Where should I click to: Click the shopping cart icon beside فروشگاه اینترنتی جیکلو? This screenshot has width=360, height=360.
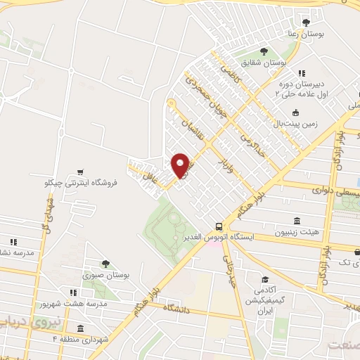82,172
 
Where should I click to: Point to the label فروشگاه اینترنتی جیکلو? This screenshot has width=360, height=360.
79,184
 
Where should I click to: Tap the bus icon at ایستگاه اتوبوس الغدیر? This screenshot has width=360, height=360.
220,226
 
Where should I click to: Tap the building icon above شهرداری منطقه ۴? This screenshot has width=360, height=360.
80,329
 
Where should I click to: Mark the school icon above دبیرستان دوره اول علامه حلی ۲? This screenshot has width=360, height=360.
301,72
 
